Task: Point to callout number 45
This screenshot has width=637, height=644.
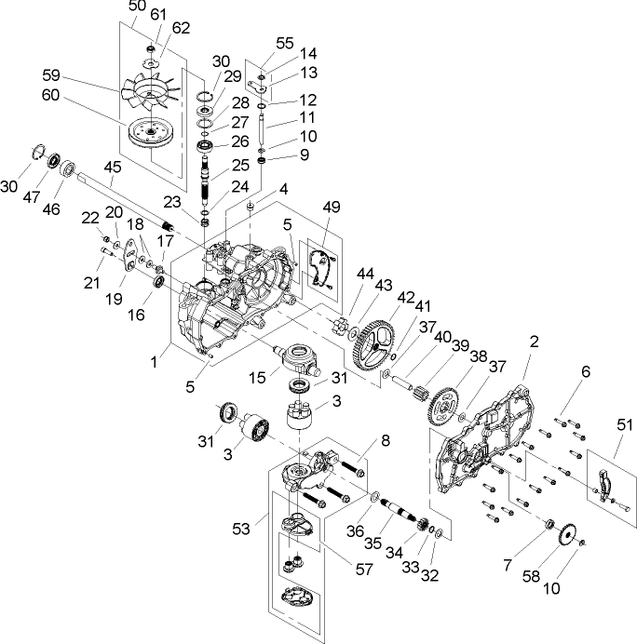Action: (x=113, y=168)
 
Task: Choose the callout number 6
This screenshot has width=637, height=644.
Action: (x=584, y=371)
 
